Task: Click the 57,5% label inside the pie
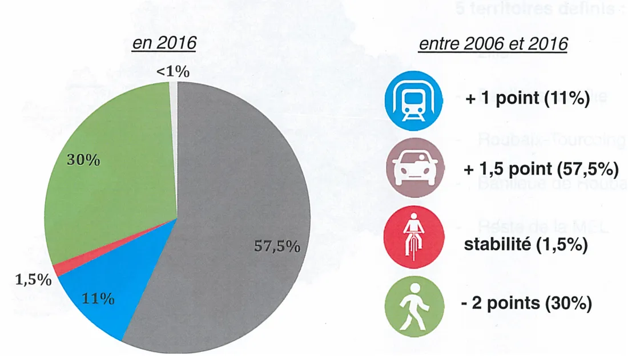[276, 246]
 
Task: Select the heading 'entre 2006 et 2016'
[493, 45]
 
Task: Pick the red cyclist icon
[414, 237]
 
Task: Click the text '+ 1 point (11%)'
[527, 98]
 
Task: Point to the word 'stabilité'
[492, 246]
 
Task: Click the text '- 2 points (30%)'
[526, 304]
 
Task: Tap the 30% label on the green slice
[83, 160]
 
